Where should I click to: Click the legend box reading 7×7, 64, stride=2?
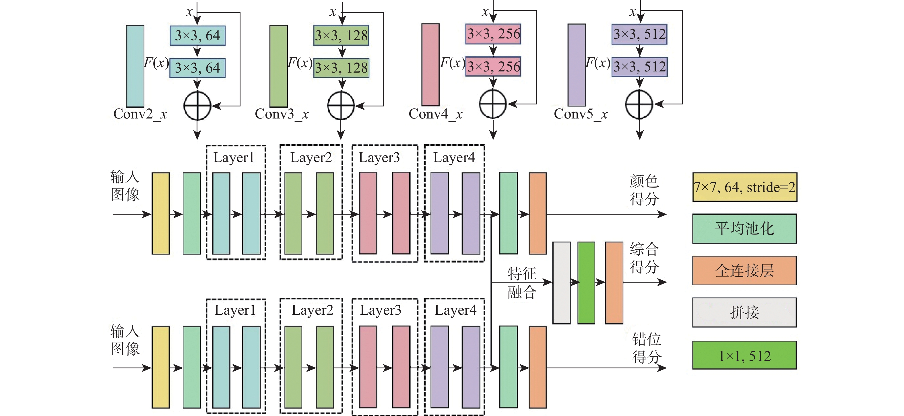[744, 187]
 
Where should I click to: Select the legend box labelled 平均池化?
[744, 229]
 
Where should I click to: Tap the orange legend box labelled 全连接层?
[744, 271]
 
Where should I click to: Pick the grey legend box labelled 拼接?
[744, 312]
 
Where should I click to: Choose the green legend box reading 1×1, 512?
[744, 355]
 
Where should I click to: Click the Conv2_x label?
[140, 114]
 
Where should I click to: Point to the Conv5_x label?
[581, 114]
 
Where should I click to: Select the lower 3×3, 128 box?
[341, 68]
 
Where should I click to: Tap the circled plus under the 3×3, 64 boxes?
[197, 106]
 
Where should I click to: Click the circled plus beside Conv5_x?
[639, 104]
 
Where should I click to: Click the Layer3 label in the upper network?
[379, 158]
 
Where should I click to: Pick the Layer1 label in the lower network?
[235, 310]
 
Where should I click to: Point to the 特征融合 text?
[522, 282]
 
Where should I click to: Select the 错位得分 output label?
[646, 348]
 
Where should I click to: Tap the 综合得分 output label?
[644, 258]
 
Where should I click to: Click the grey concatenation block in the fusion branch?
[562, 282]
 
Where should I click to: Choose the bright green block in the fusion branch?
[586, 282]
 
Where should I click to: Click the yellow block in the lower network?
[161, 367]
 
